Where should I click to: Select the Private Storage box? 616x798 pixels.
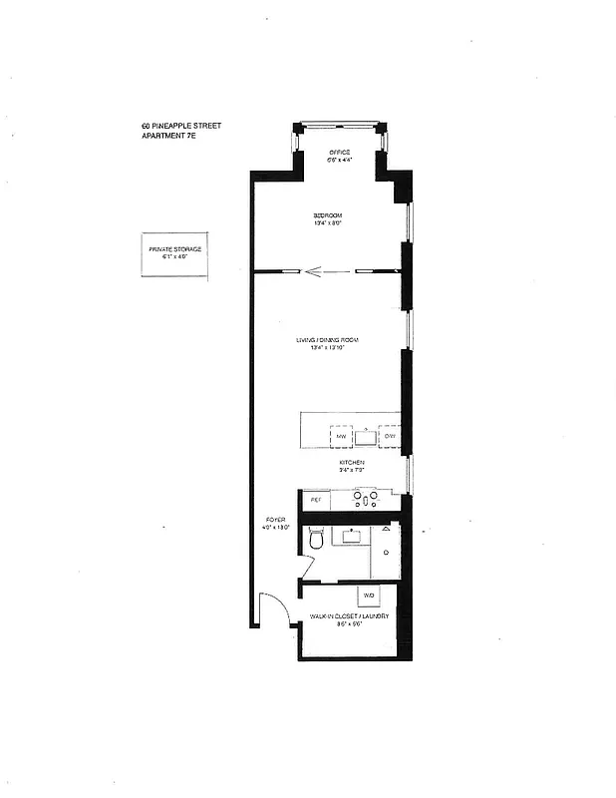point(175,252)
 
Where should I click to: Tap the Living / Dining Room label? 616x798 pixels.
point(327,340)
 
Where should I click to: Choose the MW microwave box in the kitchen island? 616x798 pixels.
point(340,437)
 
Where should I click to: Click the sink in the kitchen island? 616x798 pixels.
point(366,436)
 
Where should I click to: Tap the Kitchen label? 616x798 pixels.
point(351,463)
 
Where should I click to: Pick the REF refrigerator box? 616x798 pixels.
point(316,499)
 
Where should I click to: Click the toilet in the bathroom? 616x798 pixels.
point(317,540)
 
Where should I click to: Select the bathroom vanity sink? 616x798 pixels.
point(351,537)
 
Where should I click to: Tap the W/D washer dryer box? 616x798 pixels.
point(368,596)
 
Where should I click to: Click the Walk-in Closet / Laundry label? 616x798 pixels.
point(348,616)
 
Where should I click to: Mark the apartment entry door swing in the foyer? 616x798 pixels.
point(268,609)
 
